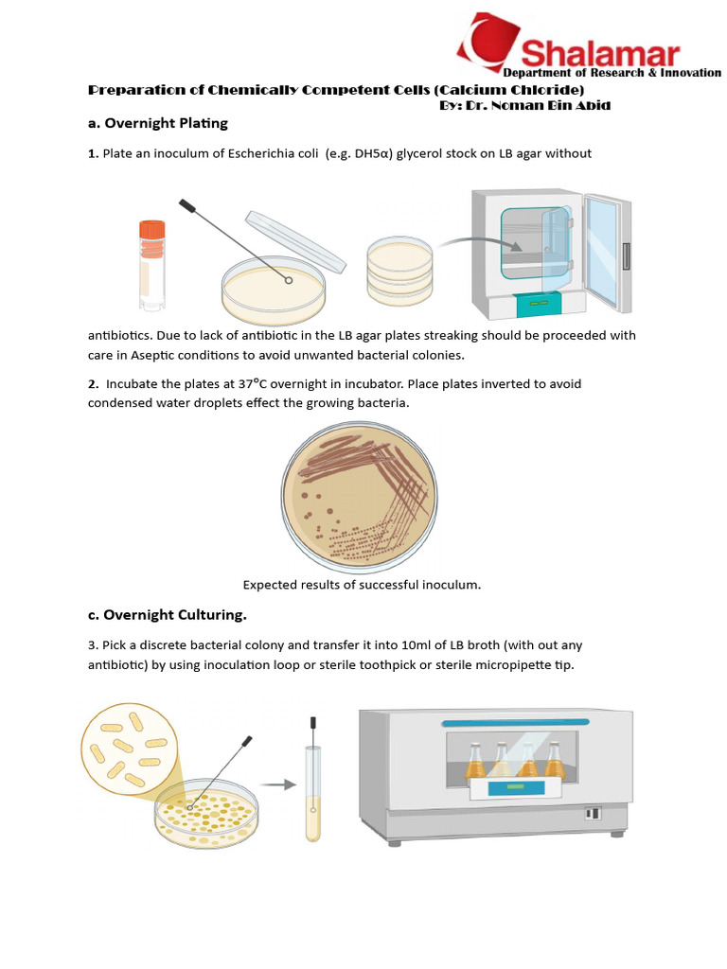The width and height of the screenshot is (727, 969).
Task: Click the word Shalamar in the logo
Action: [600, 53]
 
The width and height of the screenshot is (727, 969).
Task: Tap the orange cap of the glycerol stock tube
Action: [151, 230]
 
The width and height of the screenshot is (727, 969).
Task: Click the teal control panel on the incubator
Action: [537, 304]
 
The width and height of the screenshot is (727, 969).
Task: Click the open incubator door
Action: [606, 251]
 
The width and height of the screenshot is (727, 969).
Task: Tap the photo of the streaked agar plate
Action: [359, 498]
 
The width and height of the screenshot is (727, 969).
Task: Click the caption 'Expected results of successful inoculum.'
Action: [362, 585]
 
